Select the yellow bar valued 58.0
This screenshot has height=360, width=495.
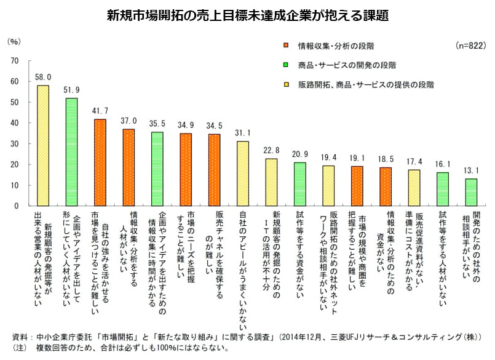(x=43, y=145)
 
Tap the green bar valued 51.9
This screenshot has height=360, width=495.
(x=71, y=151)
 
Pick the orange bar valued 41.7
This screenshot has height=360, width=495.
(x=100, y=162)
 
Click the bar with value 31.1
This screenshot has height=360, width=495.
(x=243, y=174)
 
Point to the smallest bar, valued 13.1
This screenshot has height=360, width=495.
(x=470, y=192)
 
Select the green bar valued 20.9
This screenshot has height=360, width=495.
(x=299, y=184)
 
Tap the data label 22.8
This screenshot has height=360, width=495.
(x=271, y=150)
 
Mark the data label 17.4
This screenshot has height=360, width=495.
(x=414, y=161)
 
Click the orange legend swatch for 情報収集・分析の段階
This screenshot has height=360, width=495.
(x=287, y=46)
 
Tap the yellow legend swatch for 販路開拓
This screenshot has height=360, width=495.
(x=287, y=84)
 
